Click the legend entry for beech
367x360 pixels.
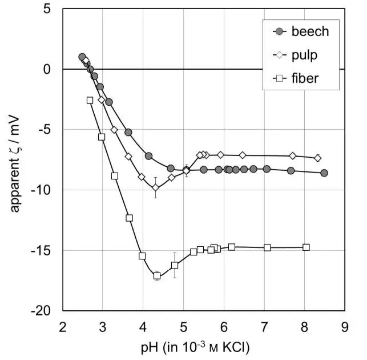tap(310, 31)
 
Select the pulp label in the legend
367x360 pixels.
tap(304, 55)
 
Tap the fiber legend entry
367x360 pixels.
tap(305, 78)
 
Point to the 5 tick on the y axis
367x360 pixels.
tap(51, 9)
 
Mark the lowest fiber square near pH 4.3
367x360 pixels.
tap(157, 275)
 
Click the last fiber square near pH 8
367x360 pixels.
tap(306, 247)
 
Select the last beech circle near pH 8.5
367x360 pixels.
tap(324, 173)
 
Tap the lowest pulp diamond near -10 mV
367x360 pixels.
tap(155, 187)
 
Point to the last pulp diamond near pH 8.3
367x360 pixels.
tap(318, 158)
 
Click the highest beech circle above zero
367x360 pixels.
tap(82, 57)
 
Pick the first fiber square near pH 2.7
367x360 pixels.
tap(90, 100)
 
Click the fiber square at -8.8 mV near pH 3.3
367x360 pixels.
tap(114, 176)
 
